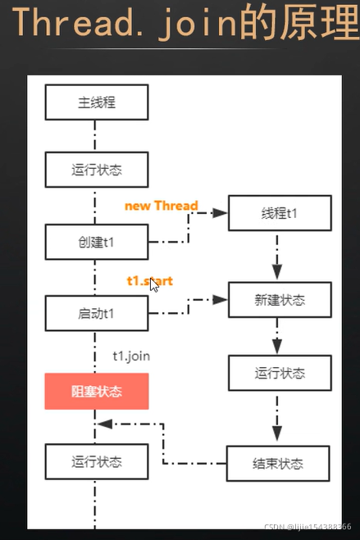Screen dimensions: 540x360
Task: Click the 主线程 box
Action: coord(97,103)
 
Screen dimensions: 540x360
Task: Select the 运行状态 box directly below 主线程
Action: coord(97,170)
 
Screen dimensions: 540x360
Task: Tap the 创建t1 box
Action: coord(97,242)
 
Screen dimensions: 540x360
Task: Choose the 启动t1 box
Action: coord(97,313)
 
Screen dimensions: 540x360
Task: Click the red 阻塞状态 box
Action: coord(97,392)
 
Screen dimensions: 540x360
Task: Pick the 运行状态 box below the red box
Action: coord(97,461)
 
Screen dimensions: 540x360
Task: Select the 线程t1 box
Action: coord(279,213)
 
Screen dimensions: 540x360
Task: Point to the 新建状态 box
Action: coord(279,301)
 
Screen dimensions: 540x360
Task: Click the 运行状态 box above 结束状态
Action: coord(279,373)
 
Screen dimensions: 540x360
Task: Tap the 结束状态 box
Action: coord(279,463)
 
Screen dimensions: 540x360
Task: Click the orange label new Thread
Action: coord(161,206)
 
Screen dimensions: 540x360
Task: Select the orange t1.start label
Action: coord(149,280)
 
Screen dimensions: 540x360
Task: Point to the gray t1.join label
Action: coord(131,356)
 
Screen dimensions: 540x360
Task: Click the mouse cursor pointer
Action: coord(153,284)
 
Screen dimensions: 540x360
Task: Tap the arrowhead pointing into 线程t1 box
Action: coord(220,213)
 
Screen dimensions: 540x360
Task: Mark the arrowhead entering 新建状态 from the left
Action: coord(220,301)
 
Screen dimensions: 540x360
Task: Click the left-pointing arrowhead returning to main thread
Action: coord(104,424)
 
